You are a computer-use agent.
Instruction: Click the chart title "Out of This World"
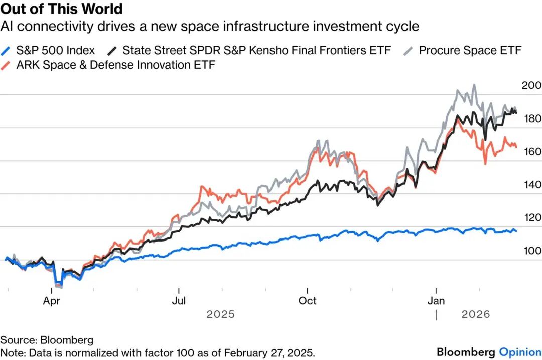click(x=62, y=9)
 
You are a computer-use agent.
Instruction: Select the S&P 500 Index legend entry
click(x=55, y=50)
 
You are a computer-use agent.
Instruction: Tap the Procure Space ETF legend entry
click(x=470, y=50)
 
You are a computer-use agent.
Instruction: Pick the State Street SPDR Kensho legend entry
click(x=256, y=50)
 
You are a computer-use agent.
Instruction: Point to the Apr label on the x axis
click(x=52, y=301)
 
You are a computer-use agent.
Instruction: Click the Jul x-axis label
click(x=179, y=301)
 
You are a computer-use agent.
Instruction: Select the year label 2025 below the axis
click(x=221, y=315)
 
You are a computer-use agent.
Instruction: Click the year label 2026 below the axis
click(x=475, y=315)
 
